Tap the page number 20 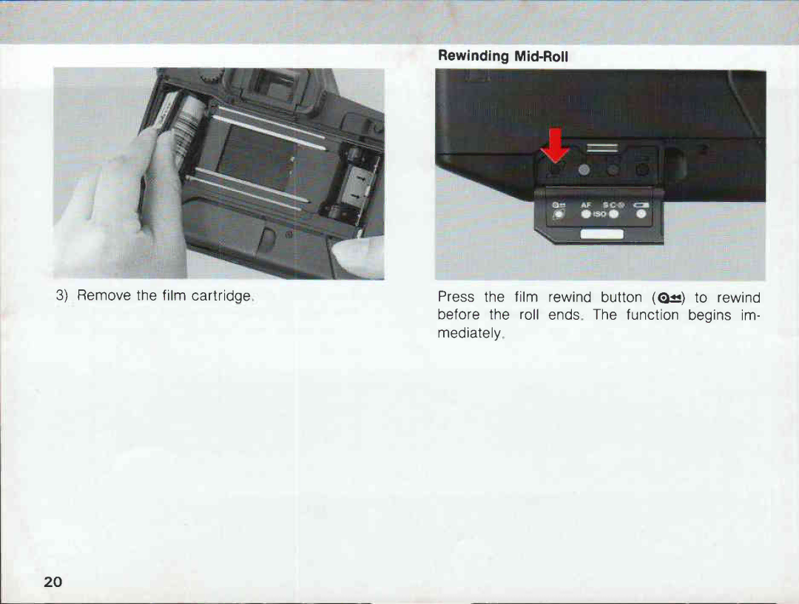[x=53, y=581]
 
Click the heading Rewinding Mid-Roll [x=503, y=56]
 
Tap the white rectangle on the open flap [x=601, y=235]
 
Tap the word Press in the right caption [x=456, y=298]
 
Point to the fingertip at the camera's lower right [x=359, y=255]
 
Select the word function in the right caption [x=653, y=315]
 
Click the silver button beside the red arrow [x=584, y=170]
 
